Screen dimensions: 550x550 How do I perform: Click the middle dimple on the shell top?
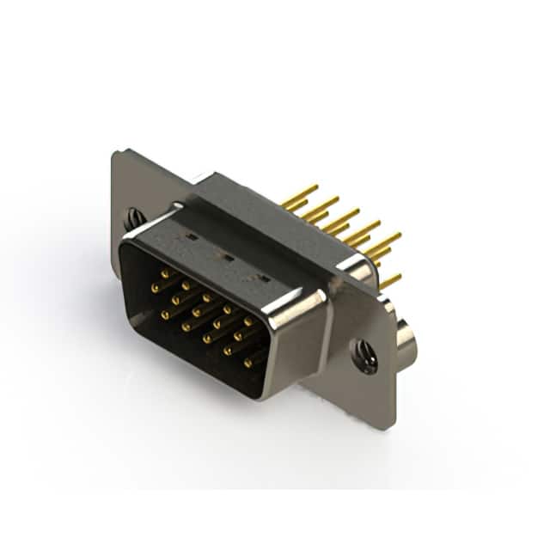[x=228, y=257]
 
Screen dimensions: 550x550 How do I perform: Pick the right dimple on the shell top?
[x=264, y=278]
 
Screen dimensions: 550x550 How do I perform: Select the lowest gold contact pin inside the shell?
[x=247, y=363]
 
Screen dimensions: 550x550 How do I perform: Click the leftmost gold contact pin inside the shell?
[x=155, y=288]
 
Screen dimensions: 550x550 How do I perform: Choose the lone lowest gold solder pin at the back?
[x=392, y=280]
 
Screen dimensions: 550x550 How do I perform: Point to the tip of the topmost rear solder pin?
[x=315, y=186]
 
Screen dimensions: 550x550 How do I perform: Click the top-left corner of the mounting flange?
[x=115, y=153]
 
